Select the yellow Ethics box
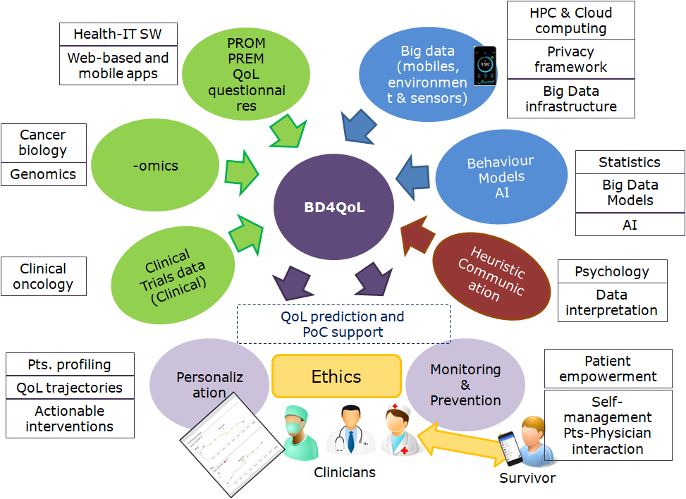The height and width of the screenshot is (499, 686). [x=336, y=376]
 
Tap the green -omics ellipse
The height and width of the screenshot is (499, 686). [x=156, y=166]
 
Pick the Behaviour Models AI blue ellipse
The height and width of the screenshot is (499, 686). [x=501, y=177]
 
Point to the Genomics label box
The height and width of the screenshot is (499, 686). [x=44, y=174]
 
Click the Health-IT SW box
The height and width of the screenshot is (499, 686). [x=116, y=34]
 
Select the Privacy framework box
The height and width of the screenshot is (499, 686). [x=570, y=59]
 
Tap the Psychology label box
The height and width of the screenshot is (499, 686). [x=611, y=271]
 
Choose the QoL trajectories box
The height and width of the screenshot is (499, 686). [x=70, y=388]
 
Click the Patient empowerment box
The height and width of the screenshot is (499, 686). [x=608, y=369]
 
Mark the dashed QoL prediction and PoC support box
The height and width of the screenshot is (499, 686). [x=343, y=324]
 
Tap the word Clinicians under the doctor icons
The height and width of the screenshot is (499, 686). [x=345, y=472]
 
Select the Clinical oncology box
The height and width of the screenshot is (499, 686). [x=44, y=276]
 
